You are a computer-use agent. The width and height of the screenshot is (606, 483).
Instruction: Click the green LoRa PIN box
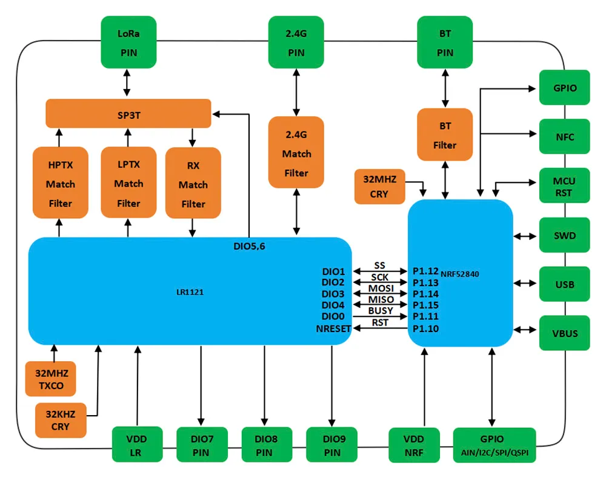pyautogui.click(x=128, y=42)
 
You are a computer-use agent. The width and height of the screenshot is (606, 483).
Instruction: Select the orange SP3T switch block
pyautogui.click(x=128, y=113)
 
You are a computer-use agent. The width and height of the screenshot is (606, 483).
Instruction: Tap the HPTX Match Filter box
pyautogui.click(x=61, y=183)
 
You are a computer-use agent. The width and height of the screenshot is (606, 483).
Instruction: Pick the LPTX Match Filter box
pyautogui.click(x=128, y=182)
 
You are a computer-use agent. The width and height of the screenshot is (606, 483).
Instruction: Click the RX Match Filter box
pyautogui.click(x=193, y=184)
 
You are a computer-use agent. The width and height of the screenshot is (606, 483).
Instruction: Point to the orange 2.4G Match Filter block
pyautogui.click(x=296, y=153)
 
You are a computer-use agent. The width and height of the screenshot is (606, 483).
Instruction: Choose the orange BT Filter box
pyautogui.click(x=445, y=135)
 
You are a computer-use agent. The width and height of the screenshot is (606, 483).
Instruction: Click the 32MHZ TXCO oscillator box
pyautogui.click(x=50, y=379)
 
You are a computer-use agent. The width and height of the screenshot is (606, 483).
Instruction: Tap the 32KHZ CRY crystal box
pyautogui.click(x=61, y=420)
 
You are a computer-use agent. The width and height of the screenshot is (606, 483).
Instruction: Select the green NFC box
pyautogui.click(x=564, y=136)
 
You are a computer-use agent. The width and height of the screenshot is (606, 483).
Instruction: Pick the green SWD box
pyautogui.click(x=564, y=235)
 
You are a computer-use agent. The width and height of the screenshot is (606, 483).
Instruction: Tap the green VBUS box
pyautogui.click(x=564, y=333)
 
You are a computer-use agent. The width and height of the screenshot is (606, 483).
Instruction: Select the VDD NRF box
pyautogui.click(x=415, y=445)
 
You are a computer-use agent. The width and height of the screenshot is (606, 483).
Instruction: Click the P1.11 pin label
pyautogui.click(x=425, y=316)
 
